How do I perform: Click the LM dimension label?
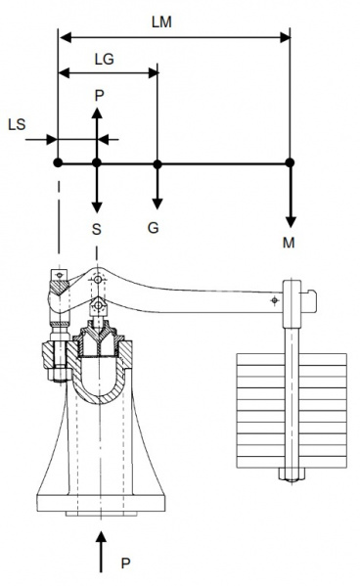coord(161,23)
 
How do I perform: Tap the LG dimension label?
coord(104,59)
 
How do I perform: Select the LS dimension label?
coord(17,124)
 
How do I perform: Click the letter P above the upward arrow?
coord(99,96)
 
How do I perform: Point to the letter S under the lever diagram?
coord(97,229)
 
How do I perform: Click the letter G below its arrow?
coord(153,228)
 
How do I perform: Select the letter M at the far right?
coord(289,243)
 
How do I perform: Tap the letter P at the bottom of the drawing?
coord(126,563)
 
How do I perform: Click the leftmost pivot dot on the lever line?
coord(58,163)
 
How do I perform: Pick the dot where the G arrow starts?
coord(157,163)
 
